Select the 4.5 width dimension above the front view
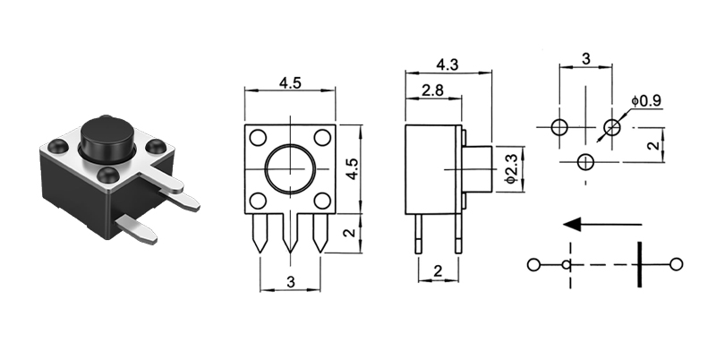(290, 82)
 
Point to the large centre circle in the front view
(289, 169)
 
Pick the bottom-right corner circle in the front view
(320, 201)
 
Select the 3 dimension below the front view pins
(290, 281)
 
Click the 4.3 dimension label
(447, 64)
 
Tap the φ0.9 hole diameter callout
(645, 100)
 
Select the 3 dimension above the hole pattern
(585, 59)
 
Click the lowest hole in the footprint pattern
(586, 161)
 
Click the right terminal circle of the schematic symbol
(676, 263)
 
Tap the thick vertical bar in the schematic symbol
(639, 263)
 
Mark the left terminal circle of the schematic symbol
(533, 264)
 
